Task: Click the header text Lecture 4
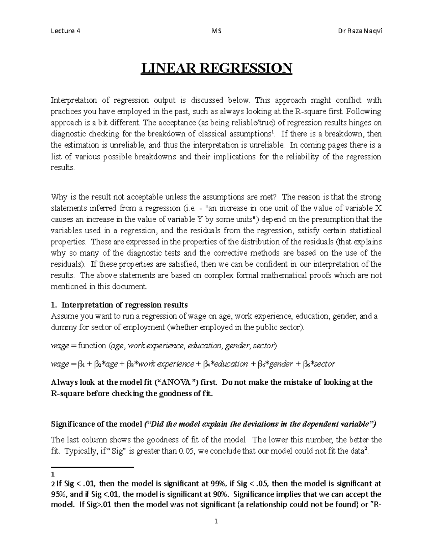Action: (x=65, y=31)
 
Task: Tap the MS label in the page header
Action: (x=216, y=31)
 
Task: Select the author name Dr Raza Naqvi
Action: (x=359, y=31)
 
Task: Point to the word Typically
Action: (x=79, y=451)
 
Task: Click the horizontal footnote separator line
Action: (x=92, y=467)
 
